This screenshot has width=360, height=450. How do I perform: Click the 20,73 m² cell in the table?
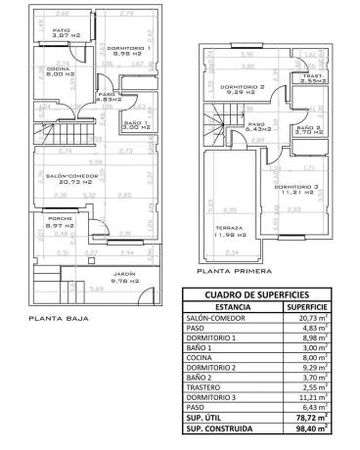coord(306,319)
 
